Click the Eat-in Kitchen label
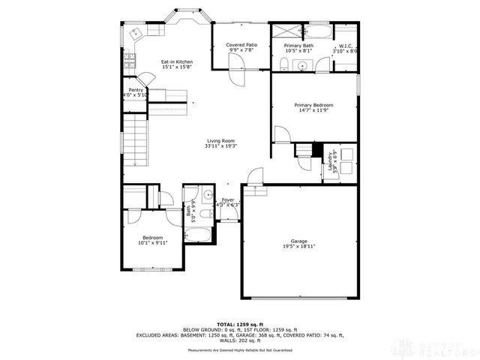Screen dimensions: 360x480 [177, 61]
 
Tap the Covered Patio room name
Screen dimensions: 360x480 [241, 45]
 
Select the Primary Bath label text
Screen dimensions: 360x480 [298, 46]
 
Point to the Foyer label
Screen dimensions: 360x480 [227, 199]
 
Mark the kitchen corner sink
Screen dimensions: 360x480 [135, 34]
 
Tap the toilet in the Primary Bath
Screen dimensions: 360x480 [284, 64]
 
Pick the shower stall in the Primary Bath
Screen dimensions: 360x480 [286, 31]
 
